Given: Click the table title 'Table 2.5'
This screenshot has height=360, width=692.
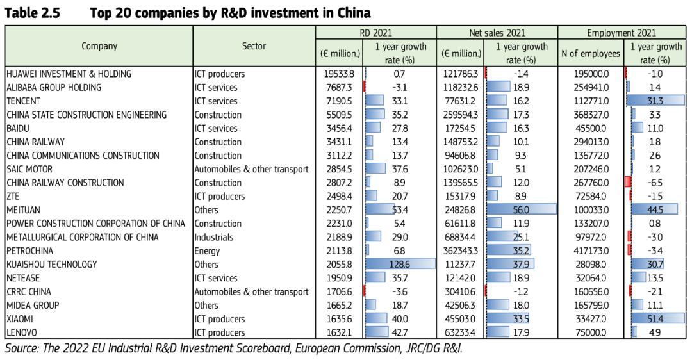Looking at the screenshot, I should (32, 12).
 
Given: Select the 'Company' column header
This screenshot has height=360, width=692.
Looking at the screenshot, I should (99, 46).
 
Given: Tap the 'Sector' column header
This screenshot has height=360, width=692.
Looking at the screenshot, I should (254, 46).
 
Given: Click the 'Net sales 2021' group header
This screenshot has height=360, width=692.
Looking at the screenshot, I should (497, 33).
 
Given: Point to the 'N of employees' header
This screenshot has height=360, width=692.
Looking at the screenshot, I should (590, 54).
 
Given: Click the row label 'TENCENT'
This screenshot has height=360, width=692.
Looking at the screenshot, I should (23, 101).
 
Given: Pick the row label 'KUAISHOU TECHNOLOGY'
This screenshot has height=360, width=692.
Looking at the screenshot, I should (52, 265).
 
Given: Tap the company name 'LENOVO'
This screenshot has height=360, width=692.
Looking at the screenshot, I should (21, 332).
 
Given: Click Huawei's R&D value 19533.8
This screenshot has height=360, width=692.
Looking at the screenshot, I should (340, 74).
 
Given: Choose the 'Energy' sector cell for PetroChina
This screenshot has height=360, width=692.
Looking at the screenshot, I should (207, 251).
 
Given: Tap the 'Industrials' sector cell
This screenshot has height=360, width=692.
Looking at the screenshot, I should (213, 238).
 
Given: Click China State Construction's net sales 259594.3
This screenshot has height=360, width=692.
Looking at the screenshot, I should (461, 115).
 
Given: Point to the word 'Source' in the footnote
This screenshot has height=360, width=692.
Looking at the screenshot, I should (21, 348).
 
